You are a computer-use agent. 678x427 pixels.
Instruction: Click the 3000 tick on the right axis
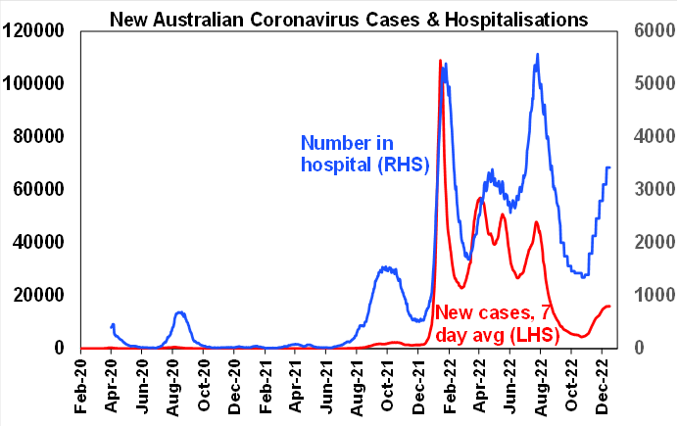650,189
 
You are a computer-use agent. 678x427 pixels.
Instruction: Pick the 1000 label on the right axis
650,295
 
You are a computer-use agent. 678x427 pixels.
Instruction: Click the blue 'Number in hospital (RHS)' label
364,155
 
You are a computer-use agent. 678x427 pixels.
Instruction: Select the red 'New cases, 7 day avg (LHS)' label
496,323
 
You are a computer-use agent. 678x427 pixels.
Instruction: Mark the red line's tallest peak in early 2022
440,61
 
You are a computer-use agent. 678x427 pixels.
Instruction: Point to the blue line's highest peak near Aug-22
537,55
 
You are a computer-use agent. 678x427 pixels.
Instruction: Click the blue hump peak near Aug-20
181,312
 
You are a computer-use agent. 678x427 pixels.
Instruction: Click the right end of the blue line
610,167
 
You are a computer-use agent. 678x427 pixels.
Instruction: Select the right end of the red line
610,307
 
